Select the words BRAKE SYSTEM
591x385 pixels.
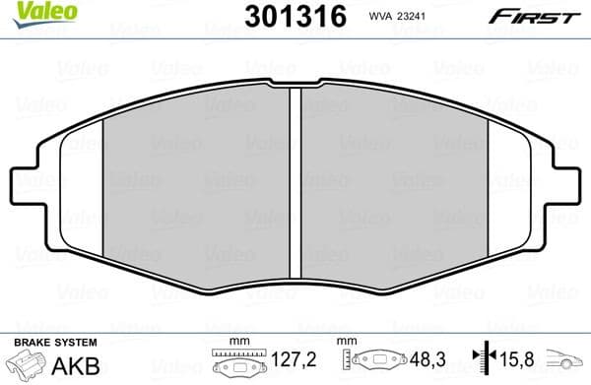[55, 342]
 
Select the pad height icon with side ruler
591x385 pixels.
[376, 362]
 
